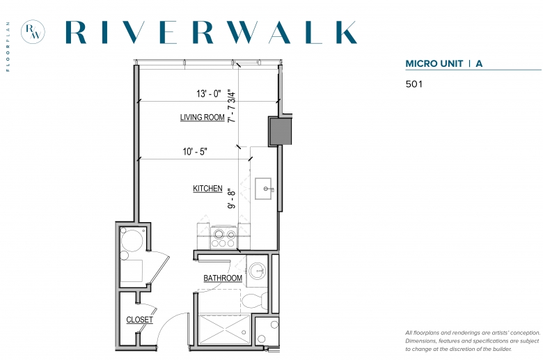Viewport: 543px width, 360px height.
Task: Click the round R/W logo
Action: [33, 32]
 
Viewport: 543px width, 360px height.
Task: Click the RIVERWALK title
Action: [211, 32]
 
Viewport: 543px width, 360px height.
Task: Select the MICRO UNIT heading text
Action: [434, 64]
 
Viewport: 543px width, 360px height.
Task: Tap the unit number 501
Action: [414, 84]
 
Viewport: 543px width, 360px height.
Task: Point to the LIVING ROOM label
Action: [203, 118]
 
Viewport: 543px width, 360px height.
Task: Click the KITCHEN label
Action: [207, 189]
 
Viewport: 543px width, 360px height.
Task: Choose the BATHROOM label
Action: [223, 278]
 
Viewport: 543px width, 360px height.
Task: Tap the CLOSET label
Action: [139, 320]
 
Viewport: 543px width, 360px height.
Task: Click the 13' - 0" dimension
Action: [208, 93]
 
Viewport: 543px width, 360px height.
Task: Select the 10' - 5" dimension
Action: [195, 151]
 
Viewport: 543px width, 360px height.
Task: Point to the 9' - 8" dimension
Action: [232, 198]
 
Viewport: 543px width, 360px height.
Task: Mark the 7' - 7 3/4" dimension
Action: [232, 106]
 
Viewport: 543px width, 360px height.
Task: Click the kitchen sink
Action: [264, 189]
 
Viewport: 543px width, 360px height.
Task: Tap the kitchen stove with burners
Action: [223, 237]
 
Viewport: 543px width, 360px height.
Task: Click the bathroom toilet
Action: [255, 301]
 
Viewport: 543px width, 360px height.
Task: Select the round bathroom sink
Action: [258, 270]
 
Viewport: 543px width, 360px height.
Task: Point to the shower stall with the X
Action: [224, 329]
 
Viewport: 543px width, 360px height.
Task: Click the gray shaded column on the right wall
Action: [280, 131]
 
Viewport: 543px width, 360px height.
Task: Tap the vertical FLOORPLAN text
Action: [8, 47]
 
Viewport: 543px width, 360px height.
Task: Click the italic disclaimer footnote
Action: [473, 341]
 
